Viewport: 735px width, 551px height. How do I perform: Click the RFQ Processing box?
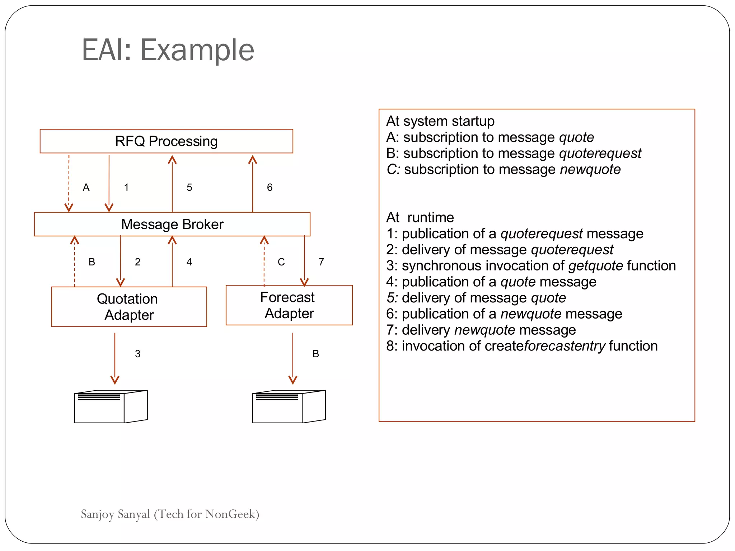coord(166,141)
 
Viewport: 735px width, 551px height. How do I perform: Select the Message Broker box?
coord(172,224)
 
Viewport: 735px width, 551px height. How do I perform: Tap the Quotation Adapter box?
coord(129,307)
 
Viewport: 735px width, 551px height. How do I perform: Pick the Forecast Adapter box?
coord(289,305)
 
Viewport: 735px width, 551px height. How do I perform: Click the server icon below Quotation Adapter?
coord(111,406)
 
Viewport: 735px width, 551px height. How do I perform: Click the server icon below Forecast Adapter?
coord(289,406)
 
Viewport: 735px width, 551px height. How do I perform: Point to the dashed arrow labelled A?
coord(69,183)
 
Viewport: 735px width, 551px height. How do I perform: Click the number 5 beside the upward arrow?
coord(189,187)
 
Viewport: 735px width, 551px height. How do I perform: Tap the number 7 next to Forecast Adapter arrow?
coord(321,262)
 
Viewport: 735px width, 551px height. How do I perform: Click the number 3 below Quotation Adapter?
coord(137,354)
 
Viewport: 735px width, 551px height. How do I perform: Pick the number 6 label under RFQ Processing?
coord(270,187)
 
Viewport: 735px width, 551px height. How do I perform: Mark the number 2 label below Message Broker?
coord(137,262)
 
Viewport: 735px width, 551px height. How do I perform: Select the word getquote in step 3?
coord(595,266)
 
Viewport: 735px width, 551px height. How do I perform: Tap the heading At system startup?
coord(440,121)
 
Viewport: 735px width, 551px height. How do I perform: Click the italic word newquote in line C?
coord(590,169)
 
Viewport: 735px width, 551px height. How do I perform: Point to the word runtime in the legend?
coord(430,217)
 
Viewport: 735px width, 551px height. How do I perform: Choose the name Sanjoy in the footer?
coord(97,514)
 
